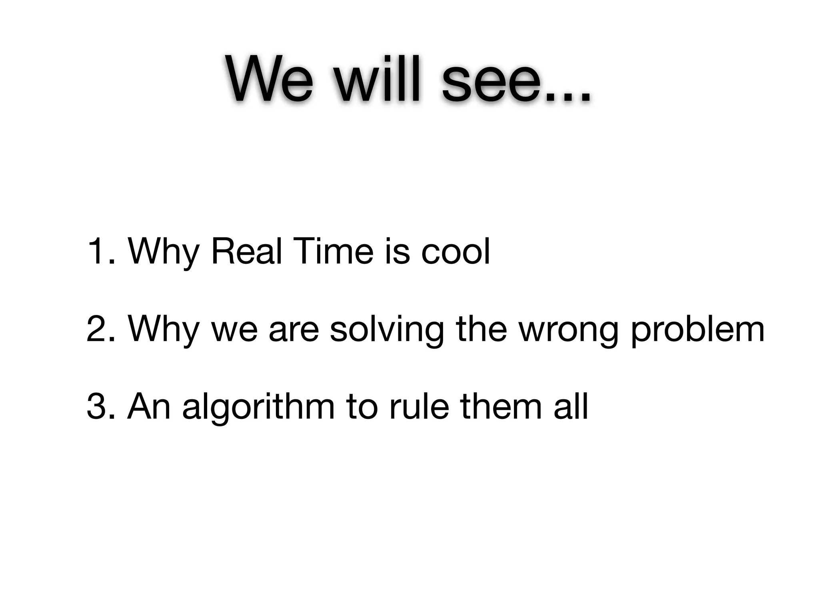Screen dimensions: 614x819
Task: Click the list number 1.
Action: pyautogui.click(x=98, y=251)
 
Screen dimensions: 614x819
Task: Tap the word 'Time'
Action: pyautogui.click(x=335, y=251)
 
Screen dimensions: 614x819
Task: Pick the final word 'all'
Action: pyautogui.click(x=571, y=407)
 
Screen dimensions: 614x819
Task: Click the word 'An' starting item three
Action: pyautogui.click(x=149, y=407)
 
